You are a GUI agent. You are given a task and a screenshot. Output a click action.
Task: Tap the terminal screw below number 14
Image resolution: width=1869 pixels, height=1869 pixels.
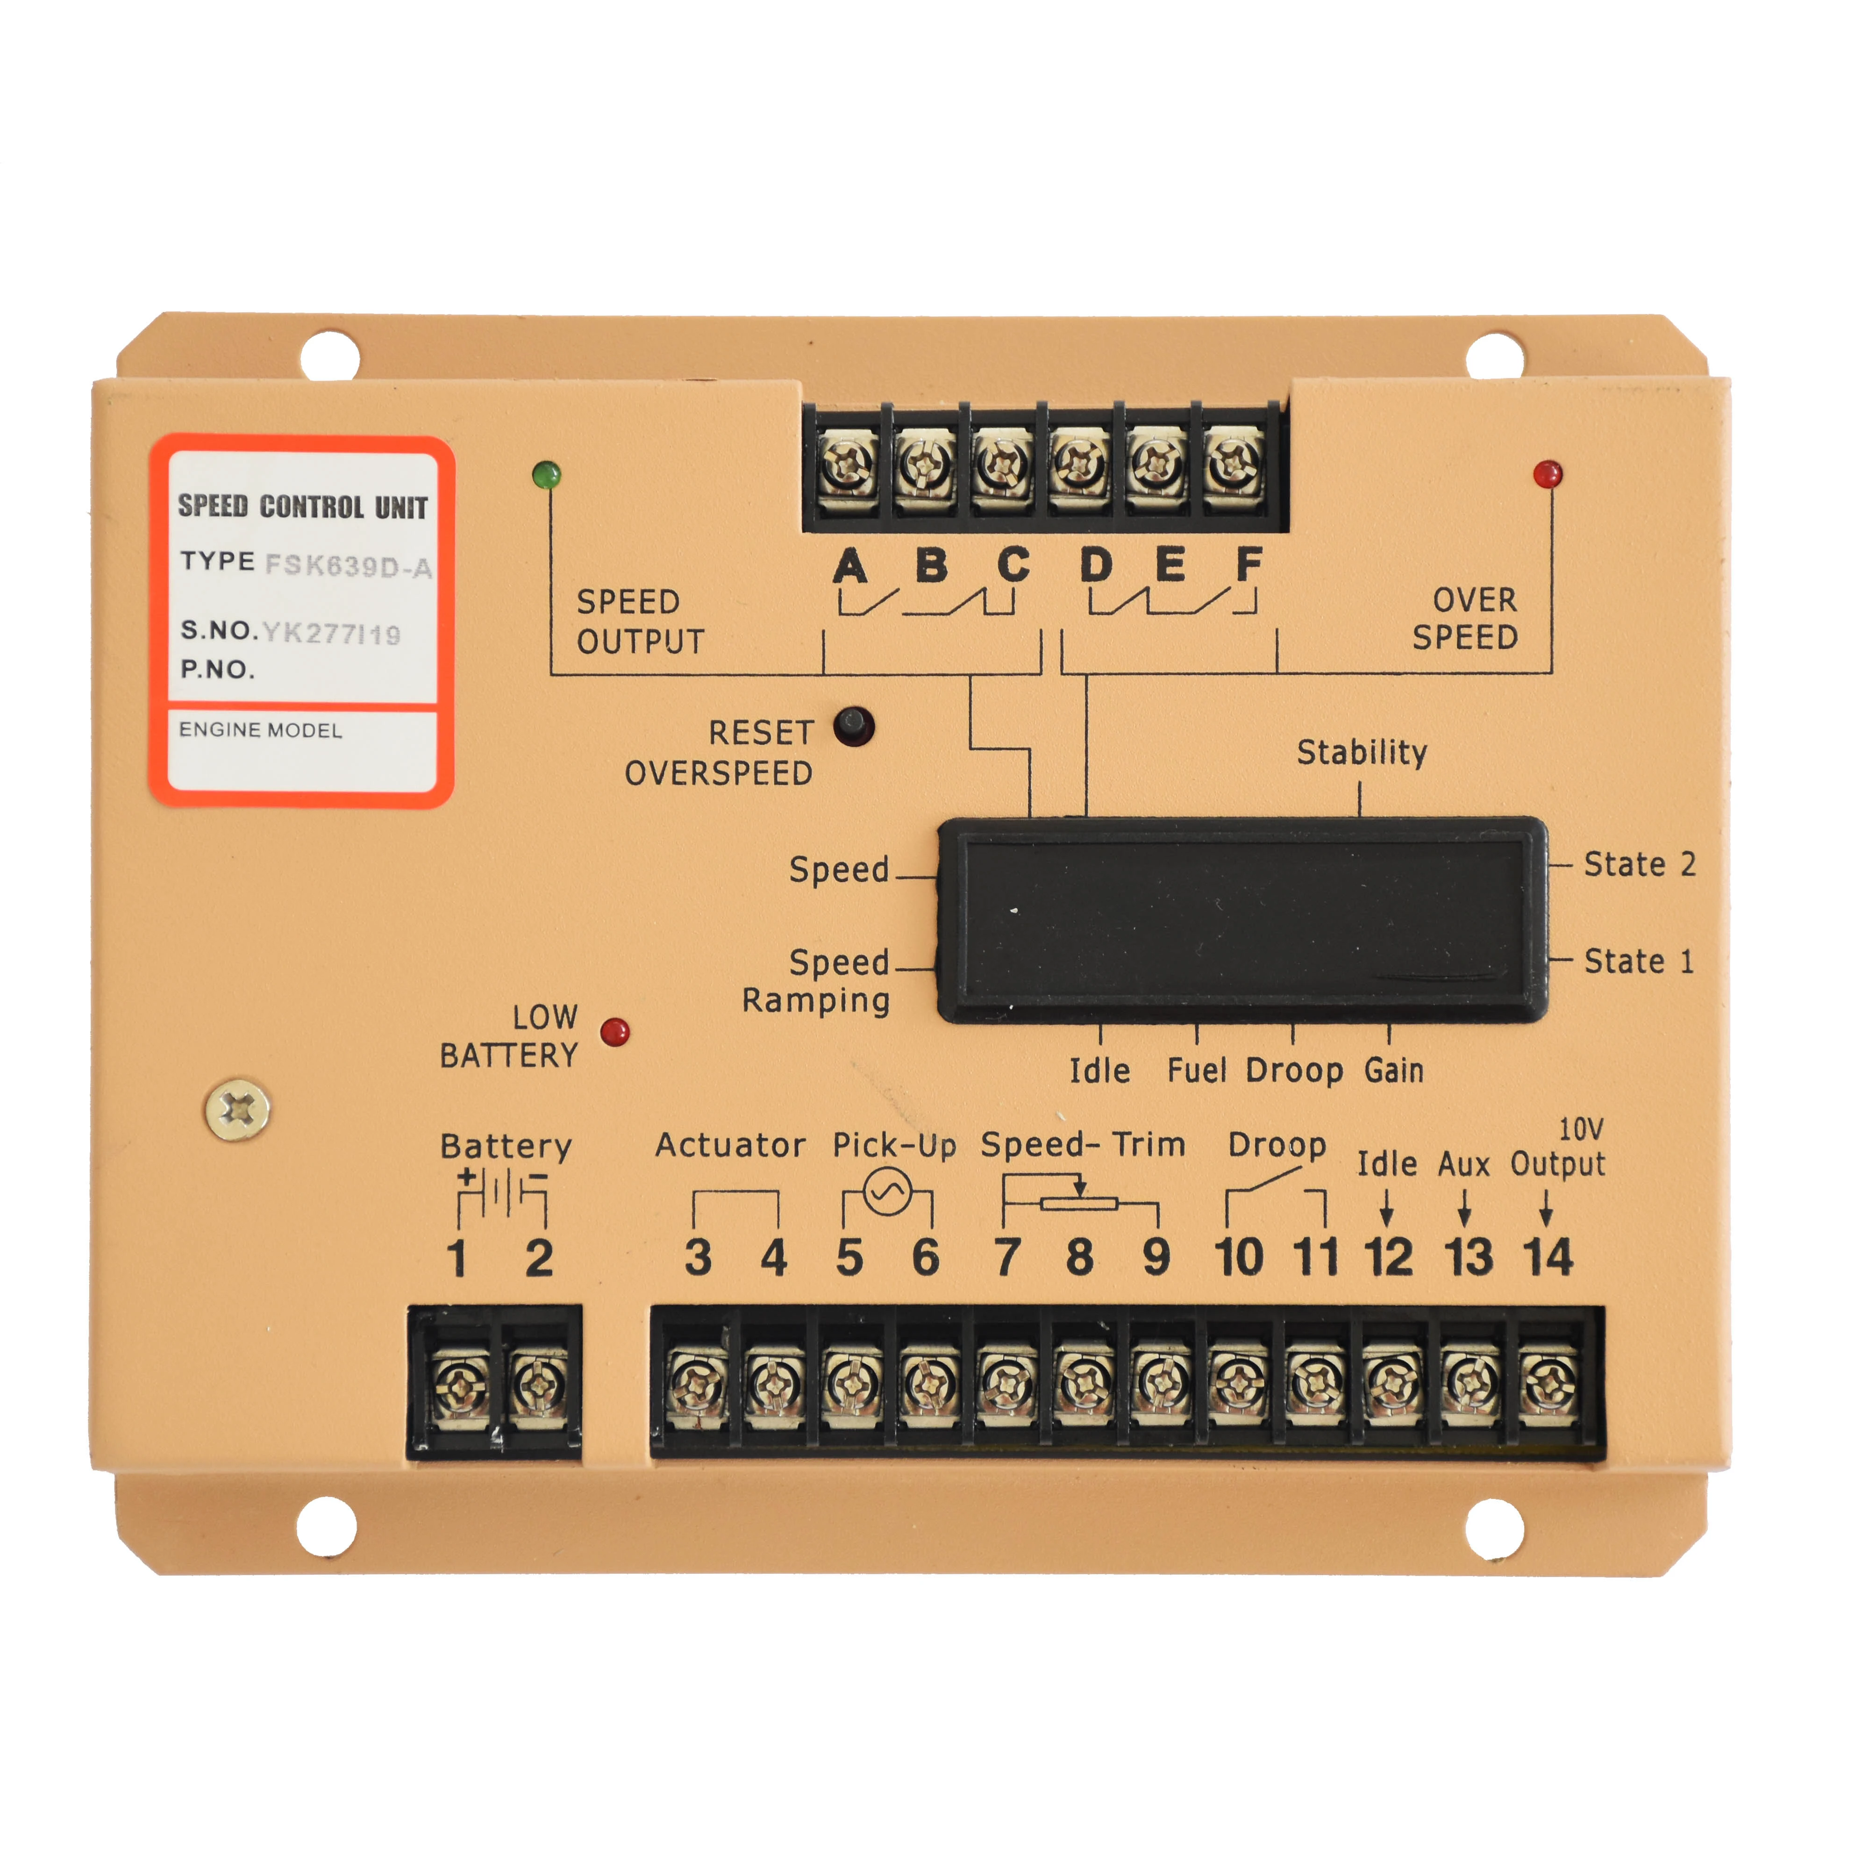click(x=1549, y=1385)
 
